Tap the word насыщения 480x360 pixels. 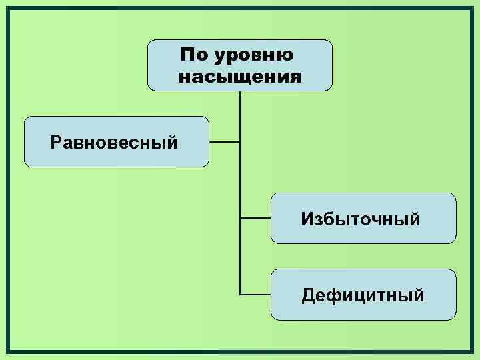click(240, 77)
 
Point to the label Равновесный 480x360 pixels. click(114, 142)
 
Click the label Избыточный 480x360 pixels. click(361, 219)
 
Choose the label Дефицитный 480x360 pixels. click(363, 295)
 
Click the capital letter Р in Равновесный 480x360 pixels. click(55, 142)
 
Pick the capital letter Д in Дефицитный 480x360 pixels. click(308, 295)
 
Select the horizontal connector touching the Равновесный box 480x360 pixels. click(224, 142)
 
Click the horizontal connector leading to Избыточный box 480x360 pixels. click(255, 218)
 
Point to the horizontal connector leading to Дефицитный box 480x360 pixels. click(255, 294)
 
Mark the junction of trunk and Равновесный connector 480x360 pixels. click(240, 142)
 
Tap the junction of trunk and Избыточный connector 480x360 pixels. click(240, 218)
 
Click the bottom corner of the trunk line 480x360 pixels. click(240, 294)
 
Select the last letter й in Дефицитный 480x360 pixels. click(418, 294)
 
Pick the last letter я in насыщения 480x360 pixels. click(295, 77)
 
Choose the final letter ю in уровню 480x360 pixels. click(285, 56)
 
